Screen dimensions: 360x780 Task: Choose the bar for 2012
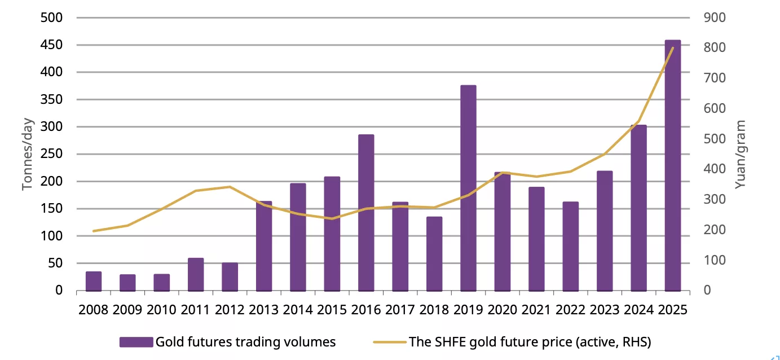[x=230, y=276]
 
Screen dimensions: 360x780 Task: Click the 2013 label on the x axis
[x=263, y=309]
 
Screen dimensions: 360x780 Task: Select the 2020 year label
[x=502, y=309]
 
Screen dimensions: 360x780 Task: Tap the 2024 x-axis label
[x=638, y=309]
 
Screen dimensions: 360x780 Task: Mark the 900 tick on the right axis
[x=715, y=17]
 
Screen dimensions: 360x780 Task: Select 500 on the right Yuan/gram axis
[x=715, y=139]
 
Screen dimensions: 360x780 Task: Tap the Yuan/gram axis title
[x=742, y=154]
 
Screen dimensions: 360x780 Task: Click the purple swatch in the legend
[x=136, y=342]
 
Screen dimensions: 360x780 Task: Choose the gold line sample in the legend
[x=389, y=342]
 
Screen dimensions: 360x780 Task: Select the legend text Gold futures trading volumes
[x=245, y=342]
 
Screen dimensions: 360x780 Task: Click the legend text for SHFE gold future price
[x=530, y=342]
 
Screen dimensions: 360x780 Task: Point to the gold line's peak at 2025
[x=672, y=48]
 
